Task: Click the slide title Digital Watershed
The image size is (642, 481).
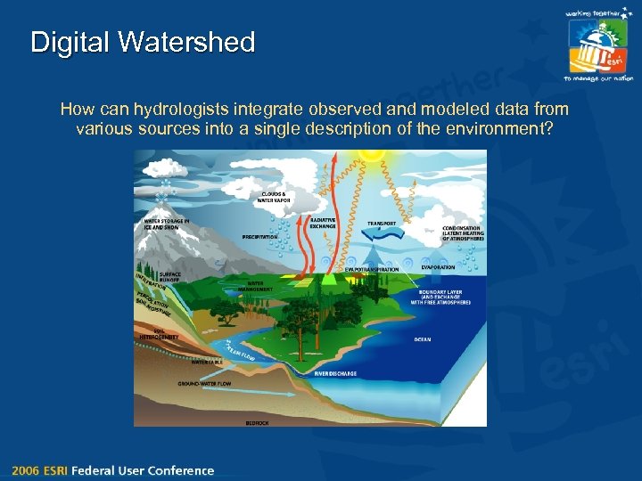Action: click(143, 42)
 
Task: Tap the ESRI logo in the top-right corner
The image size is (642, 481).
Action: click(598, 45)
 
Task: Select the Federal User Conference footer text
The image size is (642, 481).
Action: click(144, 470)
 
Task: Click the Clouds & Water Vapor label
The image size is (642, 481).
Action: click(274, 197)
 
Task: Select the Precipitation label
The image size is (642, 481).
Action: click(260, 237)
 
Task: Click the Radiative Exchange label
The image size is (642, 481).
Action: click(322, 224)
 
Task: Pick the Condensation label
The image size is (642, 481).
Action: click(463, 232)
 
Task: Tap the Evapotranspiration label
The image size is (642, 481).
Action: click(374, 268)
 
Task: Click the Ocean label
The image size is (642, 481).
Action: click(423, 339)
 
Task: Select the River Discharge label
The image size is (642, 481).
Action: click(335, 374)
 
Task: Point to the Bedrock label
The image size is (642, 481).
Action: click(256, 422)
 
